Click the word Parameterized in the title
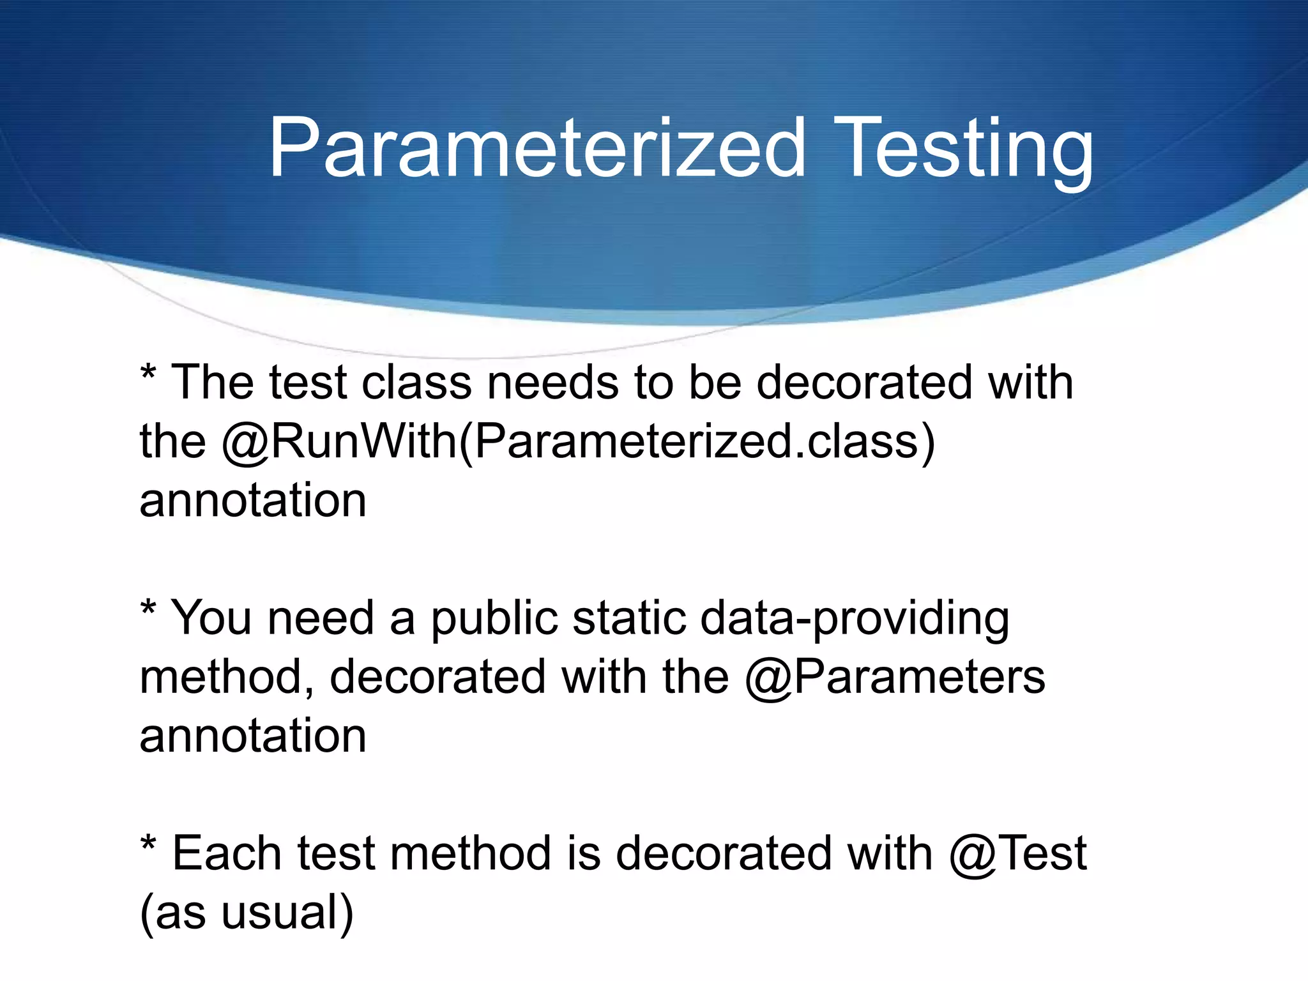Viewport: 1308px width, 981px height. pos(536,148)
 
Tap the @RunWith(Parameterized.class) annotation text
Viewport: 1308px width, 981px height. pos(578,442)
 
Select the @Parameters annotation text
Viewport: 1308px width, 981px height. pos(895,677)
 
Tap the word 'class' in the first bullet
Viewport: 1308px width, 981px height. pos(416,383)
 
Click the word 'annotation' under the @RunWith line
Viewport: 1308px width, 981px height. pos(253,501)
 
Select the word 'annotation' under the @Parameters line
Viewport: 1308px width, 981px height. pos(253,736)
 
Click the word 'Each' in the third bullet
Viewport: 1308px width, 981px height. pos(227,853)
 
